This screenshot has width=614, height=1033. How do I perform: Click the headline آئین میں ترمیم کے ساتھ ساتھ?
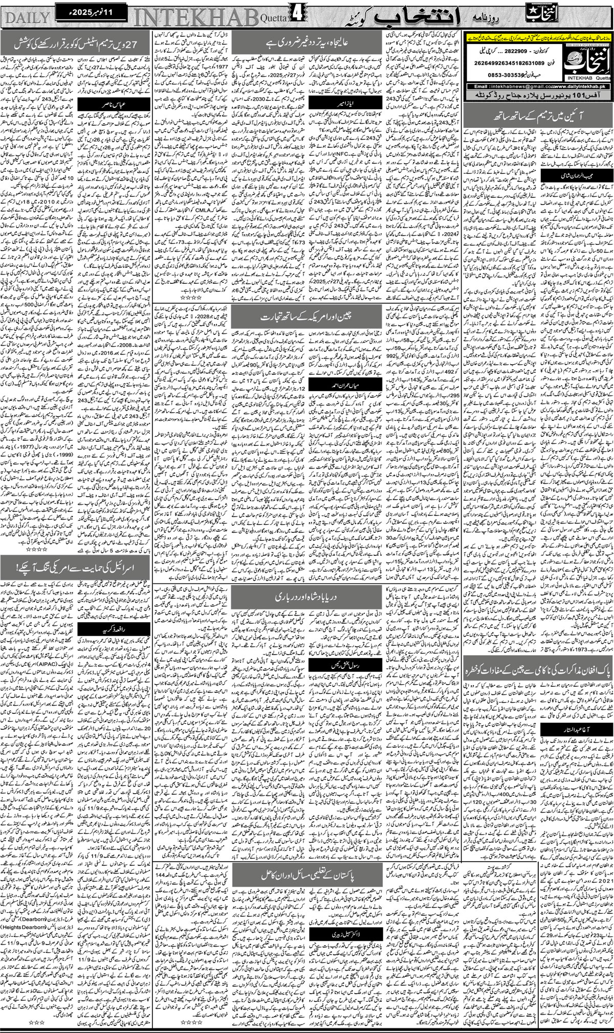[537, 131]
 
